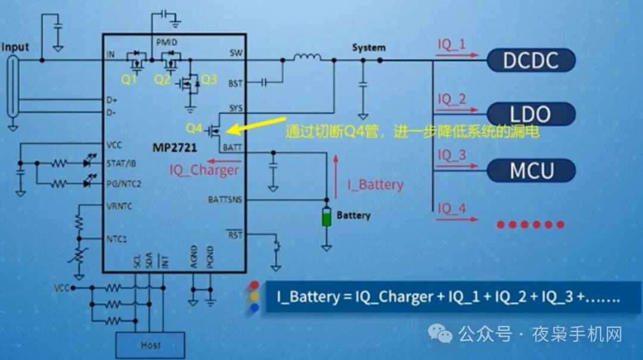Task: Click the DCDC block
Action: pos(531,60)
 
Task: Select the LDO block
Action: pos(531,114)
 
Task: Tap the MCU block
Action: pos(531,170)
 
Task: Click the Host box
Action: pos(150,345)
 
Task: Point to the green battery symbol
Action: pos(326,217)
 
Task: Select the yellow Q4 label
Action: pos(195,128)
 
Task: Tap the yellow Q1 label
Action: pos(129,80)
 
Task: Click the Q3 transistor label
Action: pos(208,80)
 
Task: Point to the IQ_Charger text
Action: pos(204,170)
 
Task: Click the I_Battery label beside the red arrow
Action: pos(376,185)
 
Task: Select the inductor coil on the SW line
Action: pos(307,58)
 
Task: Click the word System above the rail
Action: pos(369,48)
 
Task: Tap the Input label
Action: pos(16,46)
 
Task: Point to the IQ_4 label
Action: pos(452,209)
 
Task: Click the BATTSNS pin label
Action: pos(225,199)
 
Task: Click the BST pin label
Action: pos(235,84)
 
